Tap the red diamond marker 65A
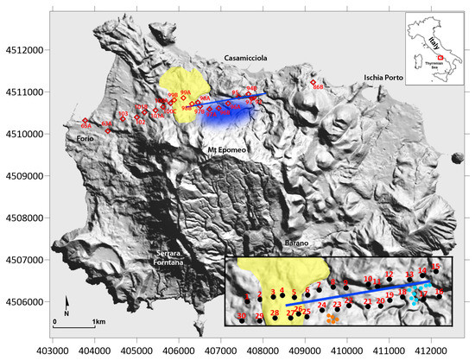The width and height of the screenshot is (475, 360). [85, 121]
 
